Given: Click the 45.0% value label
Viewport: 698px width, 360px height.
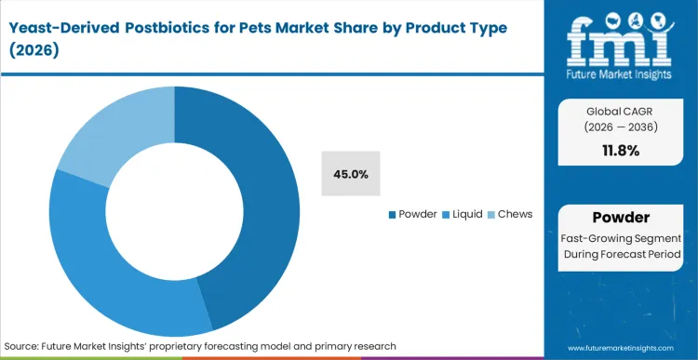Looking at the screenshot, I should [351, 174].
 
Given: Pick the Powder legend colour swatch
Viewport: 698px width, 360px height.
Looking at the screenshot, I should [392, 215].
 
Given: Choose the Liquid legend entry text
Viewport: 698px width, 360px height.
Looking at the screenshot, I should [467, 214].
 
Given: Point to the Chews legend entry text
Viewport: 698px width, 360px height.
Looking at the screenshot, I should [515, 214].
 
